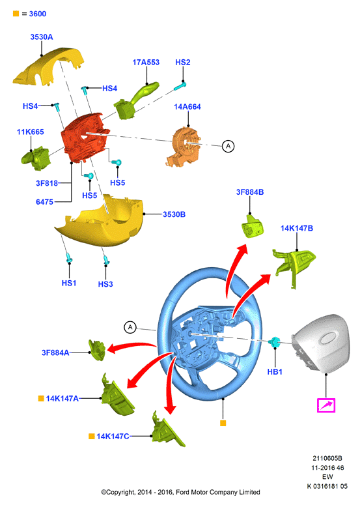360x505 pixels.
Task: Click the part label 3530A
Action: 42,37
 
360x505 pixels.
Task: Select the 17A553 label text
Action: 146,62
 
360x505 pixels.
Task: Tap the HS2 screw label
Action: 183,62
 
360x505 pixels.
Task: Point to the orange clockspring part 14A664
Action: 184,147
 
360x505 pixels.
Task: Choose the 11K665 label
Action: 30,132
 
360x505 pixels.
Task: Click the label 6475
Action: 44,202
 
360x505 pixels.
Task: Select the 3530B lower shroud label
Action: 174,214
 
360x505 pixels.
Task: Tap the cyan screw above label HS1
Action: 69,257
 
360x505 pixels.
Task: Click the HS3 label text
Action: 105,284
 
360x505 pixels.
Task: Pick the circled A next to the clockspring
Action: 228,146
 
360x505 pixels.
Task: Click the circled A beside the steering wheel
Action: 130,328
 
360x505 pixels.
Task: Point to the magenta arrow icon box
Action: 326,405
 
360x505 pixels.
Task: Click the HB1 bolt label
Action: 275,371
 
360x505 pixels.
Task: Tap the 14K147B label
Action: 297,228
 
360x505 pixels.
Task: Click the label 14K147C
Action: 113,437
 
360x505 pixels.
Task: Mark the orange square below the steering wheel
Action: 223,423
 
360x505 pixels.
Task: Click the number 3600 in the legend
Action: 38,14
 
